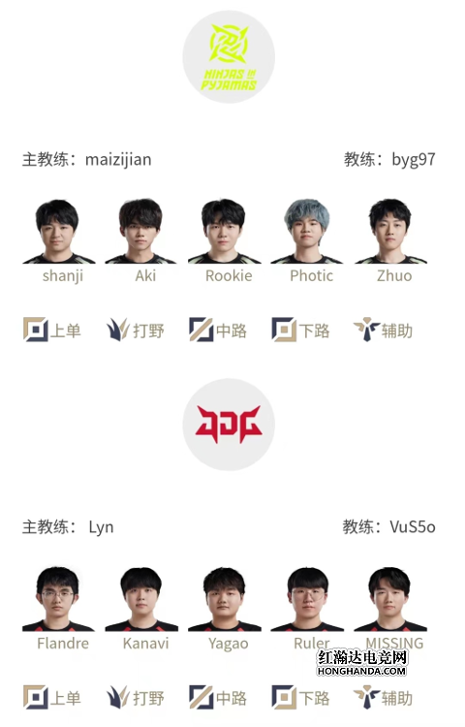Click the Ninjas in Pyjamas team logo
click(229, 56)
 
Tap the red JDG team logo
click(229, 425)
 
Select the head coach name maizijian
click(118, 160)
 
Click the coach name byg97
click(413, 160)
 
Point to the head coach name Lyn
click(101, 527)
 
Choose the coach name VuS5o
click(412, 526)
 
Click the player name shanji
click(63, 276)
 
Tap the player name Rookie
click(229, 276)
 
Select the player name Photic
click(311, 276)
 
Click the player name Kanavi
click(146, 644)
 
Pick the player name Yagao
click(229, 644)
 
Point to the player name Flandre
click(63, 644)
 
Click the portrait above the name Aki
click(140, 231)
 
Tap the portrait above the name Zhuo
click(390, 231)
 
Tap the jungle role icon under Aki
click(118, 330)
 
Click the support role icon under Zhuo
click(366, 330)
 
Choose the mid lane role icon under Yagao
click(201, 697)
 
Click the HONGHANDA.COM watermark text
click(361, 671)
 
